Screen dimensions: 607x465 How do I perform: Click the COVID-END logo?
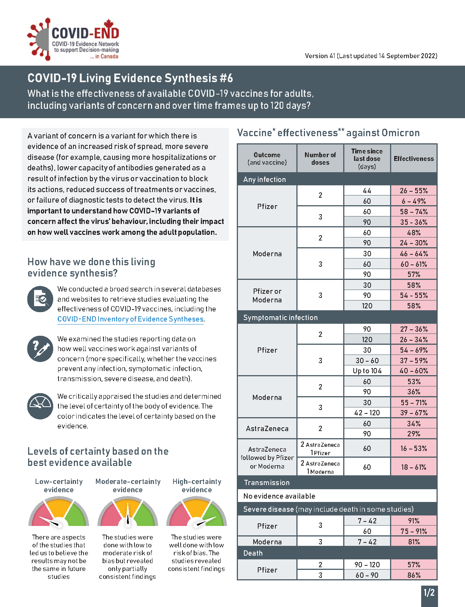73,39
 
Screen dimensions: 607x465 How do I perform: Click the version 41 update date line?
371,56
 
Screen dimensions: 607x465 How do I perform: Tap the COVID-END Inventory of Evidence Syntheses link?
130,319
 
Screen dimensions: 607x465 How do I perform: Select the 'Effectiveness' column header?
414,159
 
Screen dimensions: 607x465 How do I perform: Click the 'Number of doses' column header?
320,159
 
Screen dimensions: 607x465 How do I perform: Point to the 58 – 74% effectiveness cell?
414,212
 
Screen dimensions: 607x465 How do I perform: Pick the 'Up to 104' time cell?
367,371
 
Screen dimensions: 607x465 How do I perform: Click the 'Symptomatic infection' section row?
280,318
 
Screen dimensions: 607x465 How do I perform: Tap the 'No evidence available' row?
279,496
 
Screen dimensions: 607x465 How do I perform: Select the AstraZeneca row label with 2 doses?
267,428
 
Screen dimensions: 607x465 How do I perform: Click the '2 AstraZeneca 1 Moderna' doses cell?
320,467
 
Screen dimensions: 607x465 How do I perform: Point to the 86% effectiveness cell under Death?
414,575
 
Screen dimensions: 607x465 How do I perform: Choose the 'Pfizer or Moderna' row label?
267,295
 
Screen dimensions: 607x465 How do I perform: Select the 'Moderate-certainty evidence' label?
128,485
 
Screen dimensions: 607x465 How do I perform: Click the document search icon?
40,299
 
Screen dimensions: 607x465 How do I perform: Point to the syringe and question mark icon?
40,349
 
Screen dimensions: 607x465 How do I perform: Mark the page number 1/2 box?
429,593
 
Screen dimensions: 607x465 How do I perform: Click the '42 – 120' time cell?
367,413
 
